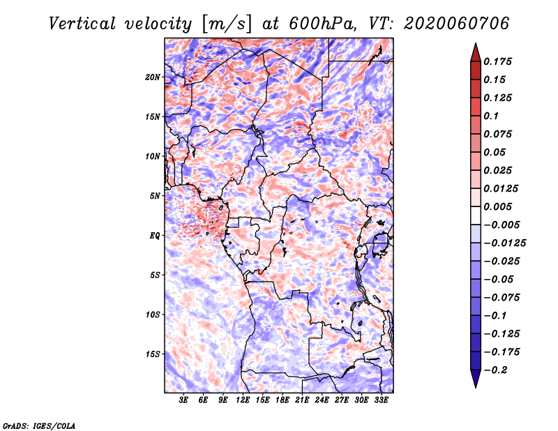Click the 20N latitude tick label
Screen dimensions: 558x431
pos(153,77)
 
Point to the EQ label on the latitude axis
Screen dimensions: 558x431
pos(155,236)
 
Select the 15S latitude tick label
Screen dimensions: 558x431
pos(153,354)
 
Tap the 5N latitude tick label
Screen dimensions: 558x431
pos(155,196)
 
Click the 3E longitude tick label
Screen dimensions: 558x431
pos(183,400)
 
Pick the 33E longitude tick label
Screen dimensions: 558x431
pos(381,400)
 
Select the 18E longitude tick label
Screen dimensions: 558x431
pos(282,400)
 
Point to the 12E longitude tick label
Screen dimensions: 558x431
pos(243,400)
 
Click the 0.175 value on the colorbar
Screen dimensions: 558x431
pos(497,61)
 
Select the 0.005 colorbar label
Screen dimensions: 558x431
pos(497,206)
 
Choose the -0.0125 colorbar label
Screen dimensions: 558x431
pos(504,243)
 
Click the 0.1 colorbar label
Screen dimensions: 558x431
pos(491,116)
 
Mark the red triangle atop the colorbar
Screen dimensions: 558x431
pos(476,53)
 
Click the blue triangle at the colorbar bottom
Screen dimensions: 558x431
pos(476,378)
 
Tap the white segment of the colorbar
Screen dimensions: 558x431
pos(476,215)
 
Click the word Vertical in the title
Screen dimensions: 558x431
pos(82,24)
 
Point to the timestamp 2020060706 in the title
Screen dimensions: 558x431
pos(457,24)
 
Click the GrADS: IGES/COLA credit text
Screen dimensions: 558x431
pos(39,425)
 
